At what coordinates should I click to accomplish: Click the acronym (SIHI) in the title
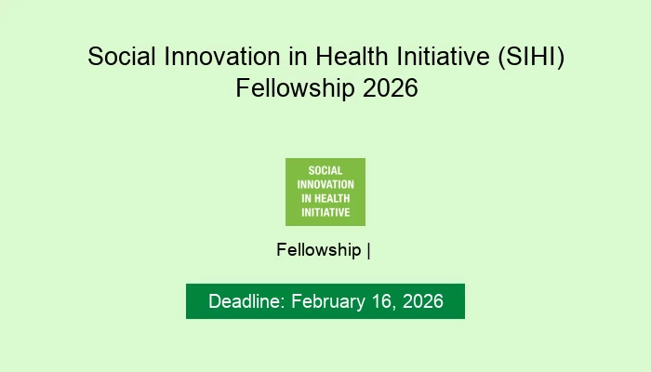528,57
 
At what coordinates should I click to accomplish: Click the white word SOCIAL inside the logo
325,171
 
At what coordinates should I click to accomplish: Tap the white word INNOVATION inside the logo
325,184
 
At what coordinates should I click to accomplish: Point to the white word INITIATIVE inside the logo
325,212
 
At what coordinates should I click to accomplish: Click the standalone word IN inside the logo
305,198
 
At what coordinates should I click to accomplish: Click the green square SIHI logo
325,192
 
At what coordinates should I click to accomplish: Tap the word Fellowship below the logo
319,250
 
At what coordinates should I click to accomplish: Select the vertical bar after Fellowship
369,250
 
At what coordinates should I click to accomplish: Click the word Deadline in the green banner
247,302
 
